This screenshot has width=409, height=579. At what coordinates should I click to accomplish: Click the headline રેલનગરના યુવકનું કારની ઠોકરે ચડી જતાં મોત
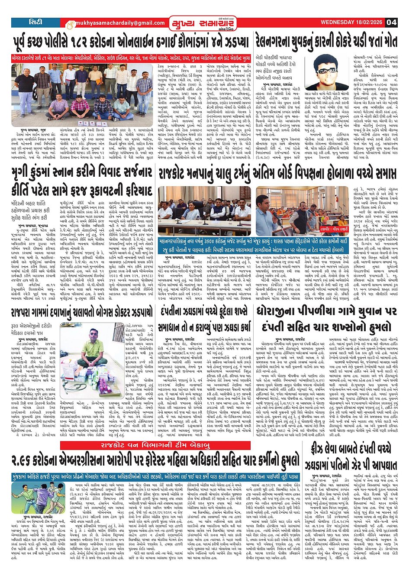(326, 42)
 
